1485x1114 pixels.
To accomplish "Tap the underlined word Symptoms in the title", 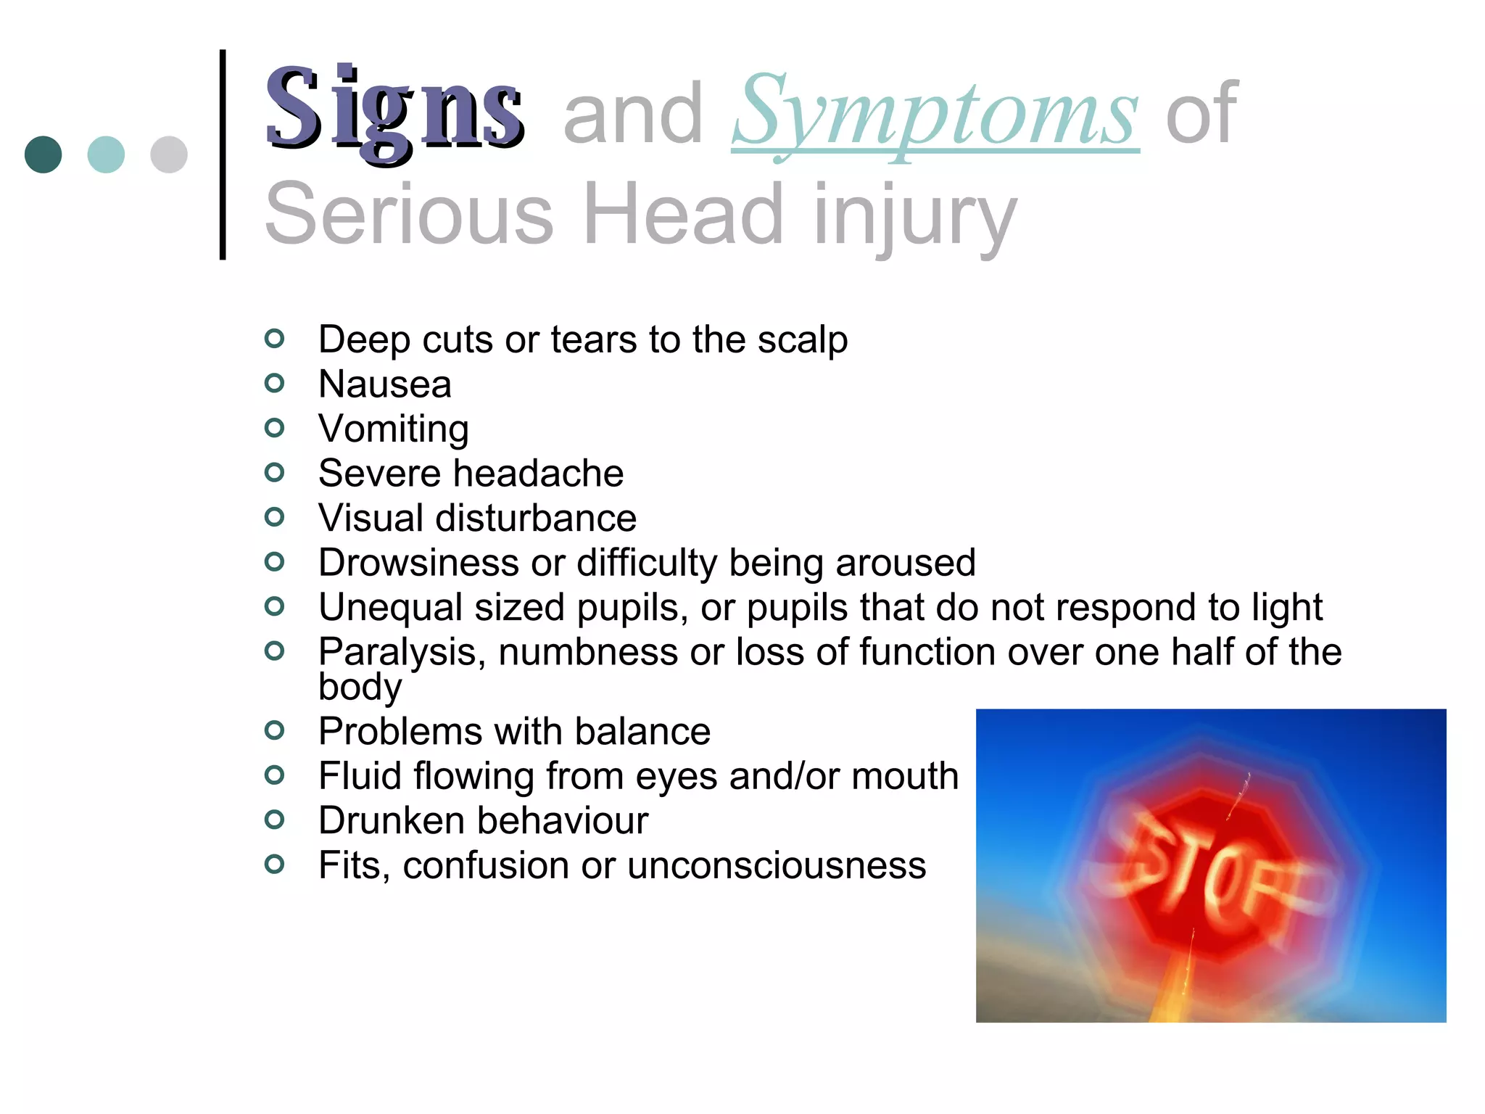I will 935,114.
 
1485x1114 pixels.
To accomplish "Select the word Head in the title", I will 683,214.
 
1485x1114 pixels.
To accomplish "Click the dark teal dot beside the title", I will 44,154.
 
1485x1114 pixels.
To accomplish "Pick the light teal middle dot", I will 106,154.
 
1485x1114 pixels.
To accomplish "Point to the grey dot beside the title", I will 169,154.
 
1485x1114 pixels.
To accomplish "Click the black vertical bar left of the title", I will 223,154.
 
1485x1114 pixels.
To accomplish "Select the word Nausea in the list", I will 384,384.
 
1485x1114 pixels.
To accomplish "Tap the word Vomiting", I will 394,429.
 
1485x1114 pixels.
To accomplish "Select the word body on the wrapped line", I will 360,686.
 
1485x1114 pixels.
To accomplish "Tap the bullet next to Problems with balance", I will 274,730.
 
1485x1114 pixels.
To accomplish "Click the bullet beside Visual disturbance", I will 274,517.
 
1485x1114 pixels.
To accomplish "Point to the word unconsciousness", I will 777,865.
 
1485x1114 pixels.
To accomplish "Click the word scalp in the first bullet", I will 803,339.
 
